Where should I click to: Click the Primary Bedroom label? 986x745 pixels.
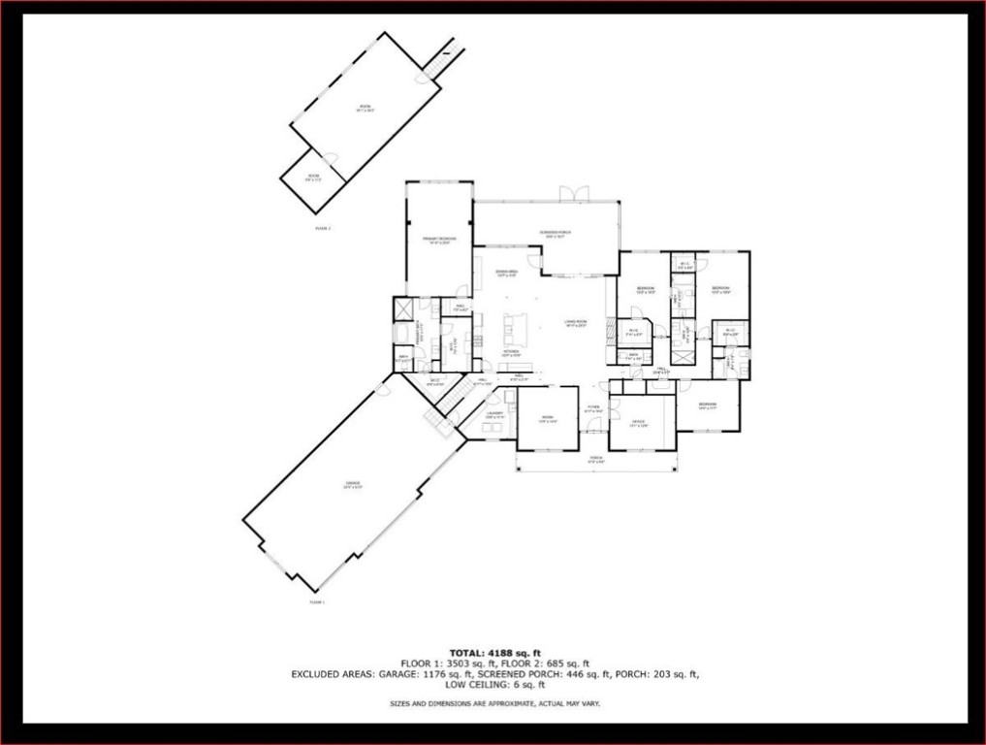pos(439,240)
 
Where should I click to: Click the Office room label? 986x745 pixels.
pos(638,422)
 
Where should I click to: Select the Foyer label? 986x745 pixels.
pos(593,408)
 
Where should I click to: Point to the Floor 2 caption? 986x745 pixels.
pos(323,229)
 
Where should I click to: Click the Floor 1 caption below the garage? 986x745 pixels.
pos(317,602)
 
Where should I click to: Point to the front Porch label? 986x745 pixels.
pos(596,460)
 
